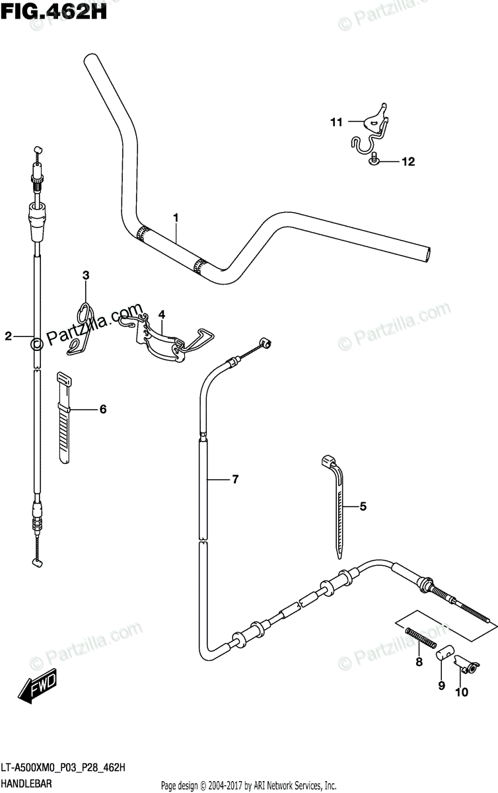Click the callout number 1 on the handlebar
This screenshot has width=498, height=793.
click(x=176, y=217)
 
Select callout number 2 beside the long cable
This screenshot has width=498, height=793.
click(x=9, y=336)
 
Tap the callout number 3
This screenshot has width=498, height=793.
click(x=86, y=275)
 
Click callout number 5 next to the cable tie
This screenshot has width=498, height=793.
click(x=362, y=507)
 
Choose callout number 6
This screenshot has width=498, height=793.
click(x=103, y=410)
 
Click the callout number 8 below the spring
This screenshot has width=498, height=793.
click(x=418, y=661)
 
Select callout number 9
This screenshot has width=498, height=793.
click(x=442, y=685)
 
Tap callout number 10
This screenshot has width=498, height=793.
click(x=462, y=692)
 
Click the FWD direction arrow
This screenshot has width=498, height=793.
click(x=38, y=687)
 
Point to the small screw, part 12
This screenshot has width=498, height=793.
click(x=375, y=159)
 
